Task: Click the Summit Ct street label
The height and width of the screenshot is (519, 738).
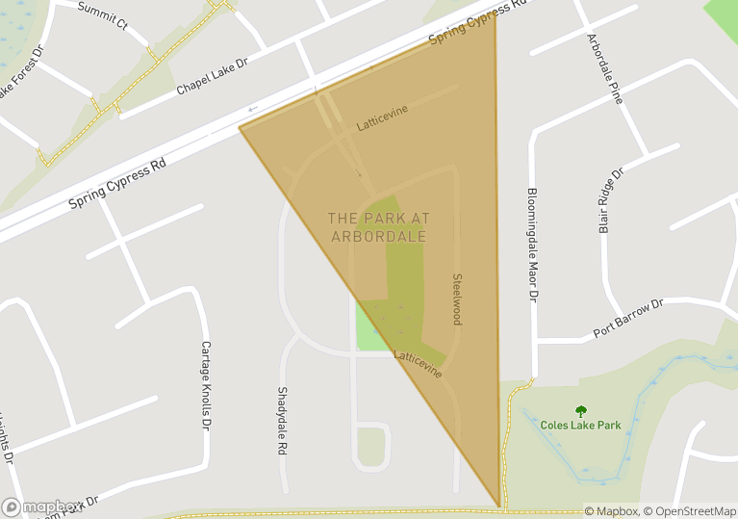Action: pyautogui.click(x=103, y=16)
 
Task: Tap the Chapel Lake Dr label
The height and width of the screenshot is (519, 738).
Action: pyautogui.click(x=212, y=76)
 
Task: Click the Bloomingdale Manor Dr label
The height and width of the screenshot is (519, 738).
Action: pyautogui.click(x=531, y=244)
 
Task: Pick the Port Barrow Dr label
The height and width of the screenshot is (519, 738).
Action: pyautogui.click(x=628, y=319)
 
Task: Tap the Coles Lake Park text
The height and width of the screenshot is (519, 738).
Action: pyautogui.click(x=580, y=425)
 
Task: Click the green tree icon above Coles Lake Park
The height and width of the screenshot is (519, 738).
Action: pyautogui.click(x=580, y=410)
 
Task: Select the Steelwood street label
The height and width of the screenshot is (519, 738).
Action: pyautogui.click(x=457, y=298)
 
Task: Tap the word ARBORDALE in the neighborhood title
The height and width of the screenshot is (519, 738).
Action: pyautogui.click(x=377, y=237)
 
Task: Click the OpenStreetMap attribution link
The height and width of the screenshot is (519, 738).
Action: pyautogui.click(x=691, y=511)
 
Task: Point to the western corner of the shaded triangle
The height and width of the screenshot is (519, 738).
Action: pyautogui.click(x=240, y=127)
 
